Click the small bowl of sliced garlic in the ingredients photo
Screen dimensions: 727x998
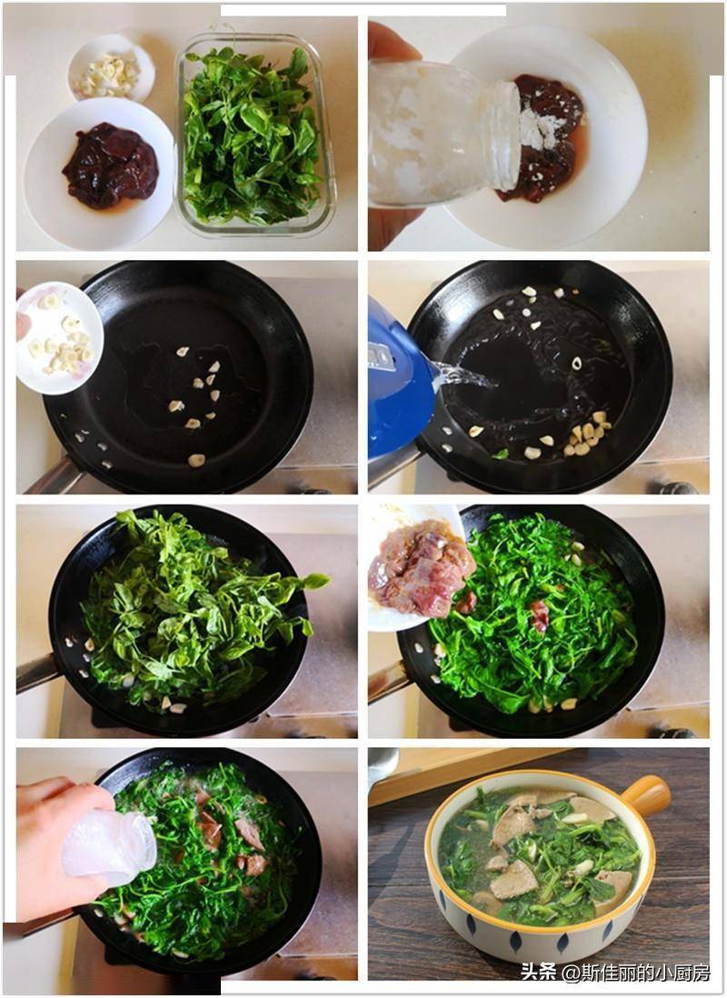click(x=112, y=67)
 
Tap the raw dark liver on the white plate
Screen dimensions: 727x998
click(x=111, y=165)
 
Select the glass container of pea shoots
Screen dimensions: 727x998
click(x=255, y=135)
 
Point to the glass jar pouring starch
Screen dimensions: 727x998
click(x=444, y=133)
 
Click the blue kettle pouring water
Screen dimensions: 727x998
click(x=400, y=381)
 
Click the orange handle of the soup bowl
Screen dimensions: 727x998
click(x=646, y=795)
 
